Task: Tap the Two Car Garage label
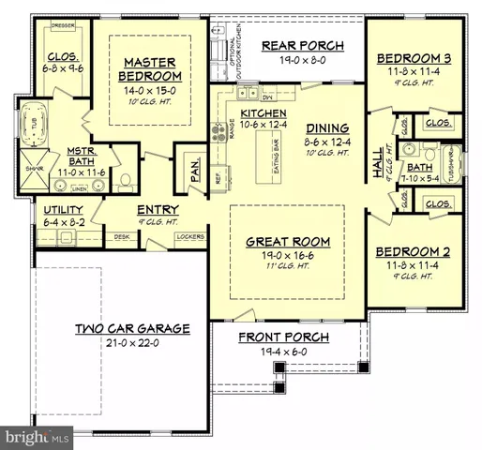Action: point(132,329)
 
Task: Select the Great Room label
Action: point(285,240)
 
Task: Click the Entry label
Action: point(158,209)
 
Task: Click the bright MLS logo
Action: point(37,436)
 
